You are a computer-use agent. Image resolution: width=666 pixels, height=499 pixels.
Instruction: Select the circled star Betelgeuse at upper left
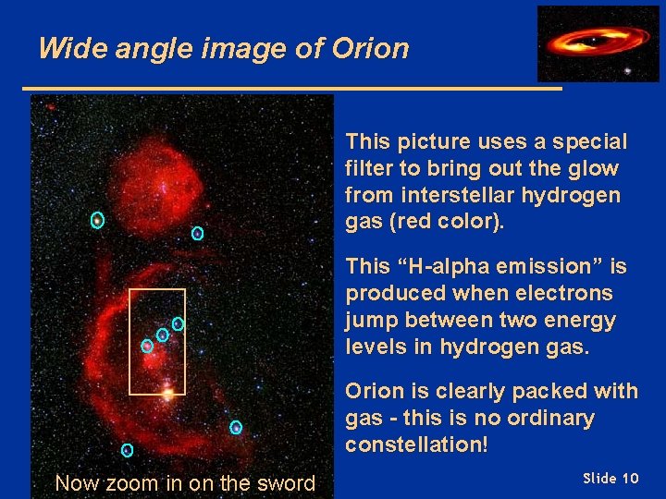pos(97,220)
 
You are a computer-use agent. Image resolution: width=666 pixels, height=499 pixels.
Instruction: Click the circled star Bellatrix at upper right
pos(197,234)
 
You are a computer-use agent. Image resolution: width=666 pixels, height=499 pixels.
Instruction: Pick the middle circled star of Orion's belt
pos(162,335)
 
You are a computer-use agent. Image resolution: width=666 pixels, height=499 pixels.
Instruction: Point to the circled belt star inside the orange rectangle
pos(146,346)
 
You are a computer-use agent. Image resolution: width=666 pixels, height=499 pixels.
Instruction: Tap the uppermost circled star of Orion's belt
pos(178,323)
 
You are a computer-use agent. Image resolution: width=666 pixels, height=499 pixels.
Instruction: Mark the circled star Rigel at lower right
pos(236,427)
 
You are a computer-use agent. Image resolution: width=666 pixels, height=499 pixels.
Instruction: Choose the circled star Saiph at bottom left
pos(127,450)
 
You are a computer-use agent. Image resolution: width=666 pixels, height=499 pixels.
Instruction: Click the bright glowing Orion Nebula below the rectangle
pos(167,394)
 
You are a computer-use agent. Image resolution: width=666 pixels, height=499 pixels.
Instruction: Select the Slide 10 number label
pos(610,478)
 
